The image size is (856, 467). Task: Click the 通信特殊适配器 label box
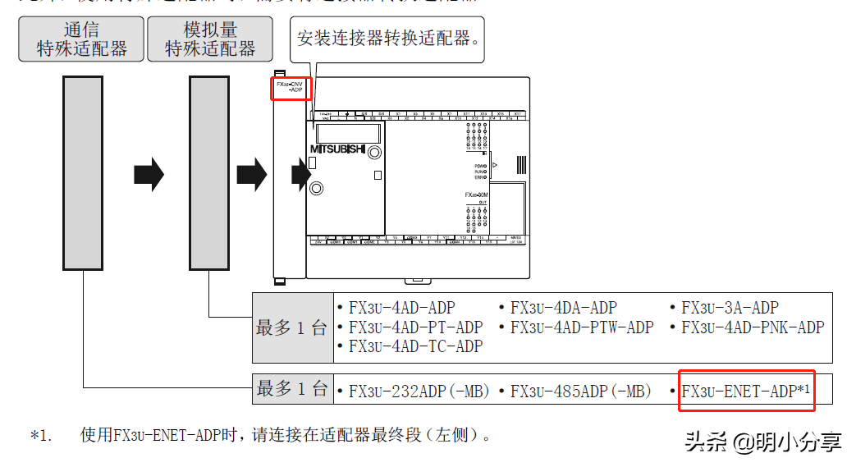click(82, 39)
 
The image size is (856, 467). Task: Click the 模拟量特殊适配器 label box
click(210, 39)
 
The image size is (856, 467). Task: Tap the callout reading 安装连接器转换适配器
click(388, 38)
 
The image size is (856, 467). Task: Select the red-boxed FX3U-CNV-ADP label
click(291, 88)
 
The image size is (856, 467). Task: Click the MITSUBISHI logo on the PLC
click(338, 149)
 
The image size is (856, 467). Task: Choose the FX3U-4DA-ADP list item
click(563, 308)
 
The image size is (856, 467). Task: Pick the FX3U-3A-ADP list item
click(730, 308)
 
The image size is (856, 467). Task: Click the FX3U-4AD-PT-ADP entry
click(415, 327)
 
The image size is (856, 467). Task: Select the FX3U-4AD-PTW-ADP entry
click(582, 327)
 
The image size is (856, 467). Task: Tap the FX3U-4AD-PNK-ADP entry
click(753, 327)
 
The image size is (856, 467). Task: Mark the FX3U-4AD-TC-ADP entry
click(415, 346)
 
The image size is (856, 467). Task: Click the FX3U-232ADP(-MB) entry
click(419, 391)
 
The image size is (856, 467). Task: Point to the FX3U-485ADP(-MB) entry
click(580, 391)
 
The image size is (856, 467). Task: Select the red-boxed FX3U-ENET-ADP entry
click(746, 391)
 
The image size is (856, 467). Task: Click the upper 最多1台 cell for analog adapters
click(292, 327)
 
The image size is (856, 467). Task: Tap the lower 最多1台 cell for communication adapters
click(292, 388)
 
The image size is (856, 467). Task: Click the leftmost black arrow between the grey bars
click(149, 175)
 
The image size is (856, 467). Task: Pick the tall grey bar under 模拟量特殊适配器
click(208, 173)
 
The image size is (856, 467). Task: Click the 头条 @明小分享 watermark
click(763, 442)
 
